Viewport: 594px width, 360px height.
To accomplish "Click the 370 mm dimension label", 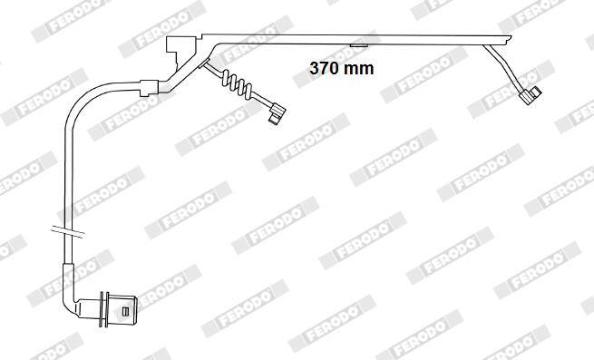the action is (x=341, y=68).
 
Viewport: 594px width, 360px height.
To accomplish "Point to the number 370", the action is (x=325, y=68).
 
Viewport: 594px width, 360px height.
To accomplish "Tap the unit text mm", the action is (x=359, y=69).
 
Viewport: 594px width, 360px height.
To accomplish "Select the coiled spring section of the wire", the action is (x=237, y=83).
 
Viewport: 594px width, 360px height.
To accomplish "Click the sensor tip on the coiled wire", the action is (x=277, y=113).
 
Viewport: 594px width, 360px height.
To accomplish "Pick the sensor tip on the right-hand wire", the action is (x=531, y=94).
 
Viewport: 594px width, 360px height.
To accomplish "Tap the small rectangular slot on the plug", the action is (x=125, y=311).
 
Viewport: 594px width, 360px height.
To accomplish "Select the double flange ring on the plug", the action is (x=103, y=309).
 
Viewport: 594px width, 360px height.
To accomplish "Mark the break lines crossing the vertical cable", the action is (x=68, y=232).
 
